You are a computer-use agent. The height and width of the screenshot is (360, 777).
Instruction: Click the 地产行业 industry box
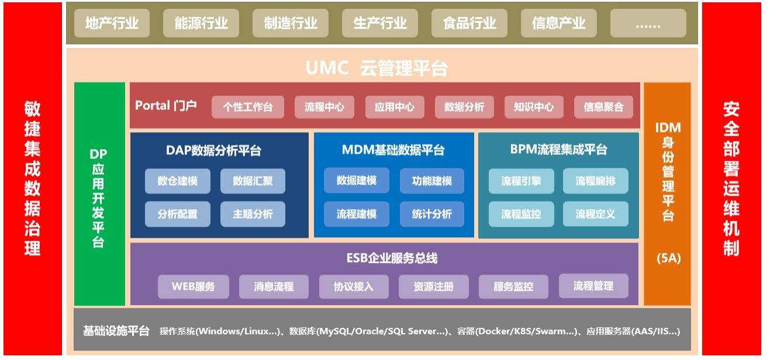112,23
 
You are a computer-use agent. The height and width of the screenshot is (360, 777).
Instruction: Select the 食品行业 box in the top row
469,23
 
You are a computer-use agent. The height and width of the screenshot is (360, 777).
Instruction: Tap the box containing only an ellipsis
648,23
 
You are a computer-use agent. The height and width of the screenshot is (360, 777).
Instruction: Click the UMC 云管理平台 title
377,68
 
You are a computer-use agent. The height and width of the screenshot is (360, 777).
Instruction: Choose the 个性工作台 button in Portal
248,107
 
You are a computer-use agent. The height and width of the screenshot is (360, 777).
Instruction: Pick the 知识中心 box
534,107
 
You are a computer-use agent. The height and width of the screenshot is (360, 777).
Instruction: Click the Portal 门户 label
166,106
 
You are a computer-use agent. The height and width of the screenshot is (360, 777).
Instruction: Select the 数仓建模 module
177,181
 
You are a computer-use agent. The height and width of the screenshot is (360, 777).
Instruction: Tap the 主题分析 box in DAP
253,214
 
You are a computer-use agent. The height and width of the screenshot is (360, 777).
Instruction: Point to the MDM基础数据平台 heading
393,150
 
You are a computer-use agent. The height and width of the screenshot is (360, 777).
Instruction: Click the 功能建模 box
431,181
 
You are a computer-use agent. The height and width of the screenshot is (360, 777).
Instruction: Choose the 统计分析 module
431,214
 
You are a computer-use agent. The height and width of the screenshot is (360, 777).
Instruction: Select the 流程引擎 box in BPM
520,181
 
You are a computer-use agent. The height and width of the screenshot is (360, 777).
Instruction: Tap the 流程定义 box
595,214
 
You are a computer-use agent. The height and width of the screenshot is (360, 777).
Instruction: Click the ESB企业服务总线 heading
384,258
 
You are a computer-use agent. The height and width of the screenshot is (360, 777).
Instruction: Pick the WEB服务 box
194,286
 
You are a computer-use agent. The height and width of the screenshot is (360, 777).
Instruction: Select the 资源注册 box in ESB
433,286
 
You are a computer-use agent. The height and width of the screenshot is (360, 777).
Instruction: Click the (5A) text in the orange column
668,258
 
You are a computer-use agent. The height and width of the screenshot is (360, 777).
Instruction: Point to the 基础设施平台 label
116,331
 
